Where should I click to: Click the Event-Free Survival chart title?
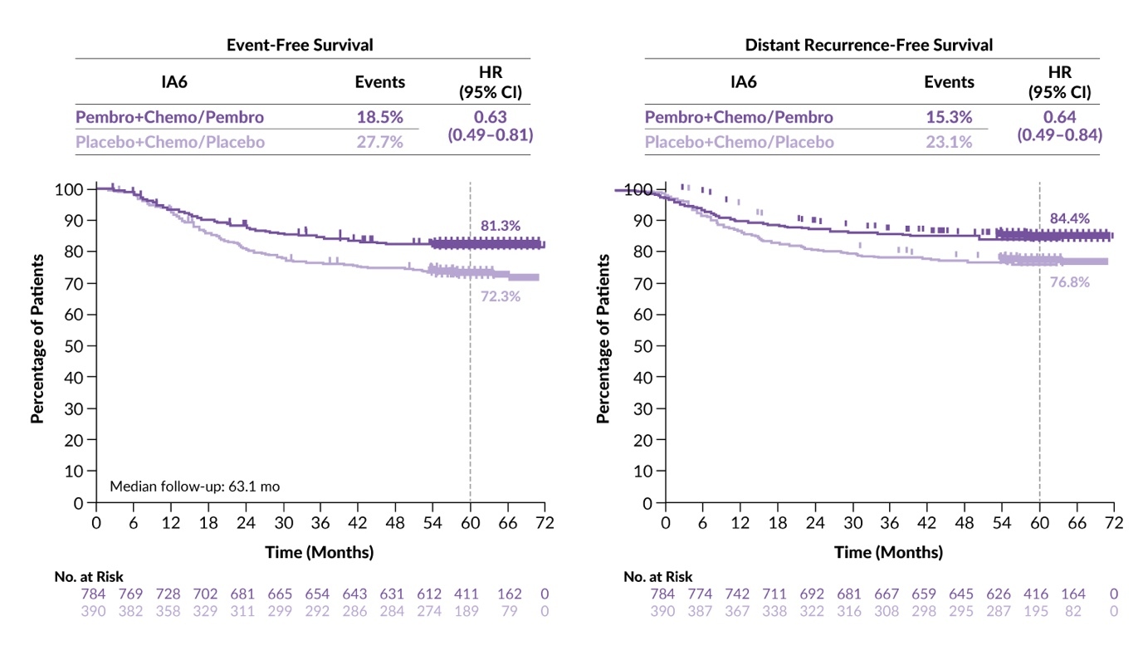(300, 45)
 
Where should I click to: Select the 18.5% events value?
(379, 116)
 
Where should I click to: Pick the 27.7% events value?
(379, 142)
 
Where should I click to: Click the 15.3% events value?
(949, 116)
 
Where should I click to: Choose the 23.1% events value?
(949, 142)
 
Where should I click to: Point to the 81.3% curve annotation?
(501, 226)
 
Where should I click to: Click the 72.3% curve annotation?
(500, 296)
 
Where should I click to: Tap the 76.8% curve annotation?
(1069, 282)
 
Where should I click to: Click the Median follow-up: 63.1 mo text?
(195, 486)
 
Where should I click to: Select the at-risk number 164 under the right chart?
(1076, 594)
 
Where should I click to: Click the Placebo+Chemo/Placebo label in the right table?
(740, 142)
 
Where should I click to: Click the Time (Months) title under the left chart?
(319, 552)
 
